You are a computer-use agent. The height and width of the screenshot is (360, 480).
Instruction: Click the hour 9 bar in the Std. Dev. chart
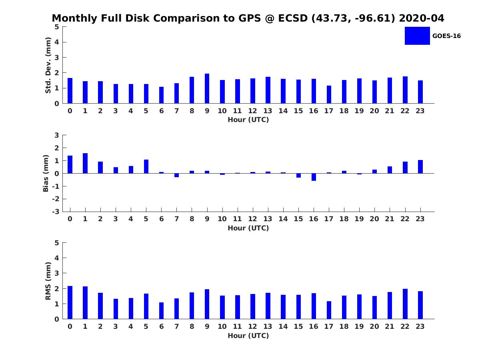coord(207,88)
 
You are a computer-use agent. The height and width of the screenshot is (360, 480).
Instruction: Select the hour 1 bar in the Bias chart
coord(85,163)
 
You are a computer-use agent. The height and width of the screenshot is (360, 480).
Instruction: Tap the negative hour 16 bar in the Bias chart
coord(314,177)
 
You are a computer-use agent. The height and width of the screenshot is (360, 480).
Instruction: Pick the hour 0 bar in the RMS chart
coord(70,302)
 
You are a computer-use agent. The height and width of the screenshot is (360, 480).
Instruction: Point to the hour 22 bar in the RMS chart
coord(405,304)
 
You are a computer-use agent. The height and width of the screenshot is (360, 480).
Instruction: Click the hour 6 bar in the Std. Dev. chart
coord(161,95)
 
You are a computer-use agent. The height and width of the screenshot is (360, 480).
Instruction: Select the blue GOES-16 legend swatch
coord(417,36)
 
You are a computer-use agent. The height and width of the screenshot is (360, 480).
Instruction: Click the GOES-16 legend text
coord(446,36)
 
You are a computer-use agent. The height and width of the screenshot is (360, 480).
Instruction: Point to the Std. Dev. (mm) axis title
coord(48,65)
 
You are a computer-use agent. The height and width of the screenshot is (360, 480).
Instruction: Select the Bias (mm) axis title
coord(46,173)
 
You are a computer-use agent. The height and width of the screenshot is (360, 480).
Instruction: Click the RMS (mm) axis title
coord(48,281)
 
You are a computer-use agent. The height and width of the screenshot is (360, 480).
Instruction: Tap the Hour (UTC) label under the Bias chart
coord(248,228)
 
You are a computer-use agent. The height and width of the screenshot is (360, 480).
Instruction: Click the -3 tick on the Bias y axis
coord(56,212)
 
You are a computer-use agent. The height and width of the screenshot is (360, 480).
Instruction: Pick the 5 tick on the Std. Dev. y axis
coord(57,27)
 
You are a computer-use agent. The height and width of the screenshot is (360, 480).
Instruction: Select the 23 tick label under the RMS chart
coord(420,326)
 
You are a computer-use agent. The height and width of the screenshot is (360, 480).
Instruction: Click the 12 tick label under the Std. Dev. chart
coord(252,111)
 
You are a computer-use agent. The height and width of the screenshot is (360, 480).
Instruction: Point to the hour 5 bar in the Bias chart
coord(146,166)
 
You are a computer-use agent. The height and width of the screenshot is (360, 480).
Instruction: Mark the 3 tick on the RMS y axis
coord(57,273)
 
